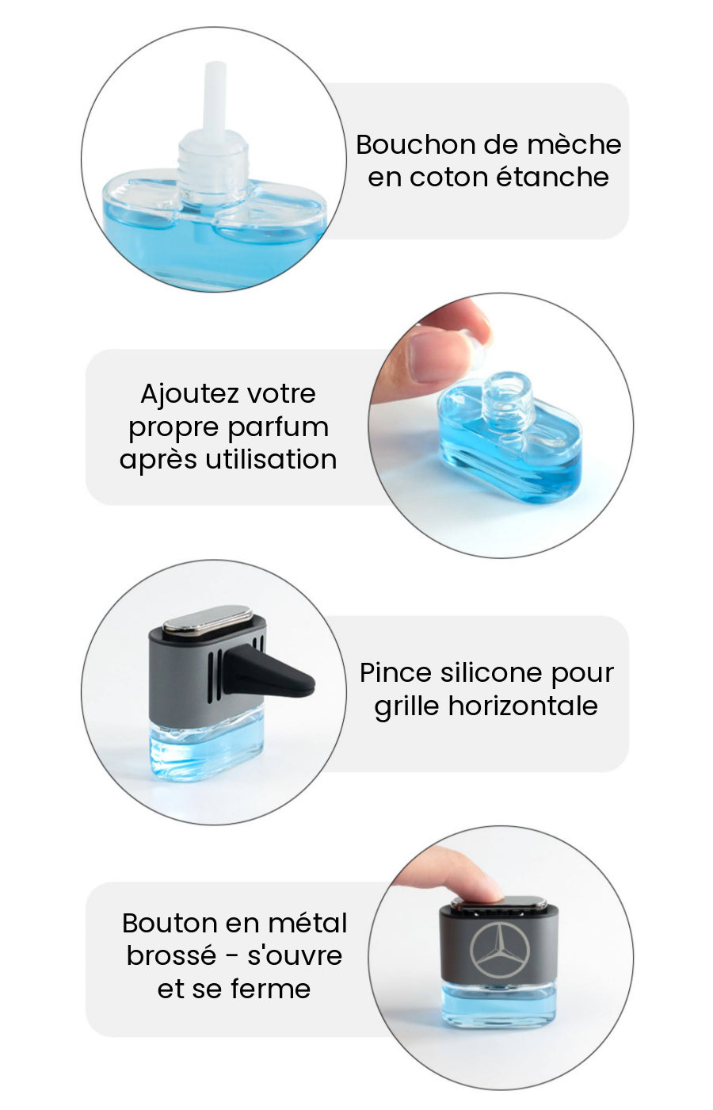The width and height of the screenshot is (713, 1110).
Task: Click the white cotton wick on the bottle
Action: pos(215,97)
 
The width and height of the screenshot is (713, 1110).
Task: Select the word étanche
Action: pos(553,177)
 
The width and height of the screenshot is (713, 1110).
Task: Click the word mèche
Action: pos(574,144)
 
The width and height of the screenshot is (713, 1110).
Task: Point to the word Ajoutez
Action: pos(189,395)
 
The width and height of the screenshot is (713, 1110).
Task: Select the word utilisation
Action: pos(271,459)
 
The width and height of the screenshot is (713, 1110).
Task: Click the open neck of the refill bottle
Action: pos(508,384)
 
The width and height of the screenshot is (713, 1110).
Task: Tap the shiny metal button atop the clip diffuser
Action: pos(208,619)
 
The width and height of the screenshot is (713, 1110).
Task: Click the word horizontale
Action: pos(523,706)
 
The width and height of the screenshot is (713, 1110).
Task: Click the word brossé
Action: pos(171,956)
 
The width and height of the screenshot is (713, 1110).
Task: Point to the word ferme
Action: pos(270,989)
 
